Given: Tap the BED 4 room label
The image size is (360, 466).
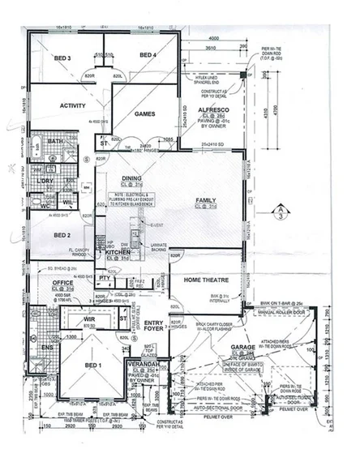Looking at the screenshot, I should click(148, 55).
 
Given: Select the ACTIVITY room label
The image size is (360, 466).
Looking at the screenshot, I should click(50, 105).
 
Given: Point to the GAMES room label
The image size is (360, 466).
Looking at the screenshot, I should click(144, 113).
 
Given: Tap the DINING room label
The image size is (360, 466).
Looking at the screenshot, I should click(132, 178).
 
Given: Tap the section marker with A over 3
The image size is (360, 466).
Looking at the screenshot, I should click(280, 212).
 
